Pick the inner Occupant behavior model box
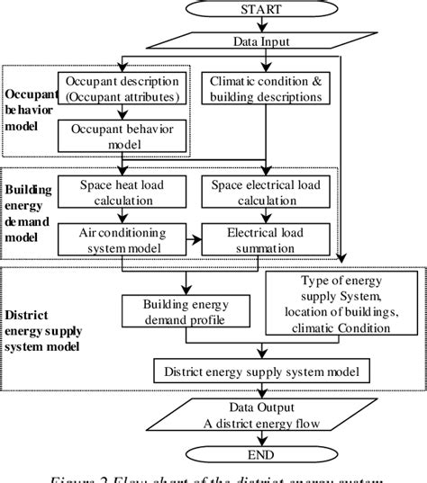click(x=123, y=138)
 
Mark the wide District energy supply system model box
click(x=261, y=370)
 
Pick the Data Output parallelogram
click(x=261, y=420)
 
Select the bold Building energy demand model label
click(x=27, y=215)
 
